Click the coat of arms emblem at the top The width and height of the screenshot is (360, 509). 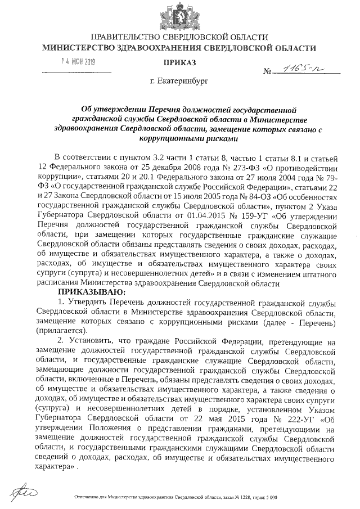(180, 14)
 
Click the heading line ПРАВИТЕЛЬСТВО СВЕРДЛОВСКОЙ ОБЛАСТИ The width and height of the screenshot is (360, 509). (179, 37)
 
